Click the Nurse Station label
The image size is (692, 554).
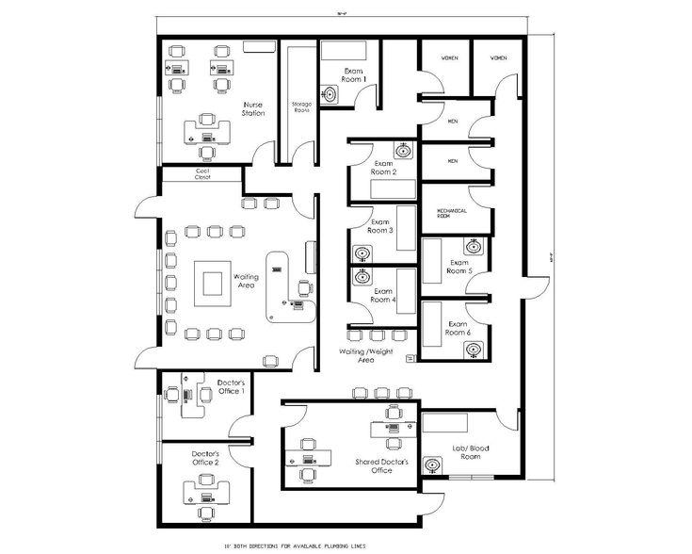(252, 108)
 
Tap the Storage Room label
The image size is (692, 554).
(301, 106)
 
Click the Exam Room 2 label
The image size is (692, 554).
(381, 168)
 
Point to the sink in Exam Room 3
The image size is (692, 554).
(362, 252)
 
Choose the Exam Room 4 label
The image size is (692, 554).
(382, 296)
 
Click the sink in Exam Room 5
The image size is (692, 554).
(475, 247)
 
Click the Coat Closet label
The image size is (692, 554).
(202, 173)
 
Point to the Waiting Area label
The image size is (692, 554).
(247, 281)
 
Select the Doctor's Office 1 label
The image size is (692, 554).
(231, 386)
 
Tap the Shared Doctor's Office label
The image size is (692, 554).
(374, 465)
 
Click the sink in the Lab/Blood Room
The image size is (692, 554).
(434, 464)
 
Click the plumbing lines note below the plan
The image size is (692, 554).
(305, 545)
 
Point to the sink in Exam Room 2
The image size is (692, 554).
(403, 149)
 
